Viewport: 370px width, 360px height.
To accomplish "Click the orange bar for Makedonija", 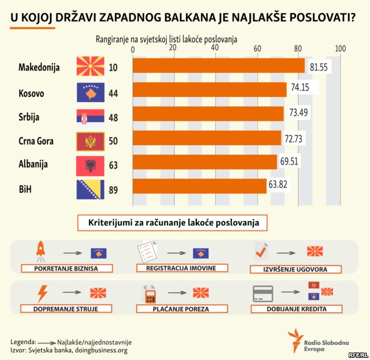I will click(x=219, y=67).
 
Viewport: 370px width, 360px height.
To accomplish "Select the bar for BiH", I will click(x=199, y=186).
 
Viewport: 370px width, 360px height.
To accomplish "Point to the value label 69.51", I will click(x=290, y=161).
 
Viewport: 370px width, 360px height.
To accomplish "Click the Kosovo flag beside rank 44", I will click(x=90, y=92).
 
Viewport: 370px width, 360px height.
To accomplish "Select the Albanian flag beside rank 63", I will click(x=90, y=165).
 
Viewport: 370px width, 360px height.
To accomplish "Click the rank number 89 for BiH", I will click(x=113, y=189).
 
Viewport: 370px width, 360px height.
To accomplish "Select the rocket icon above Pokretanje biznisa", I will click(x=40, y=249).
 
